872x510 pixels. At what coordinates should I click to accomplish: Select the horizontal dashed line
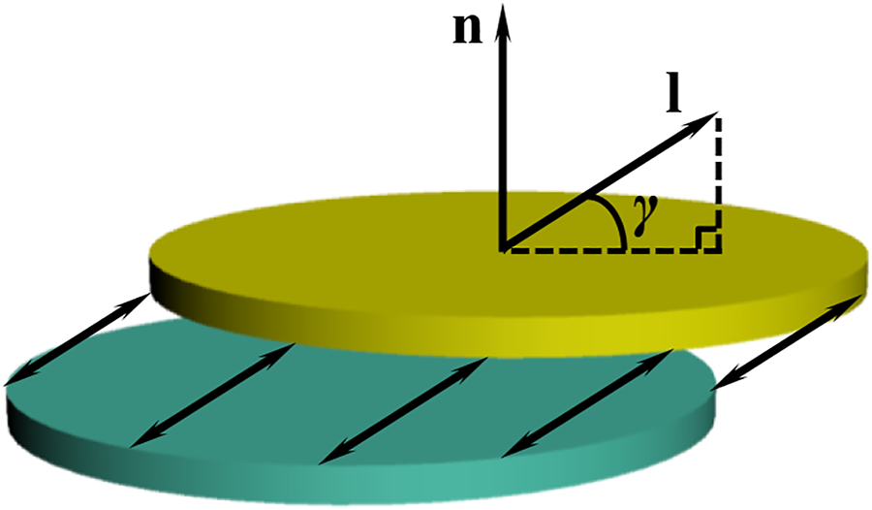(x=610, y=249)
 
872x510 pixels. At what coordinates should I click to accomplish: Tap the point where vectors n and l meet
(x=502, y=248)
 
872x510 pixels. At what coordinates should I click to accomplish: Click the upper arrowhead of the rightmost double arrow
(x=854, y=300)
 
